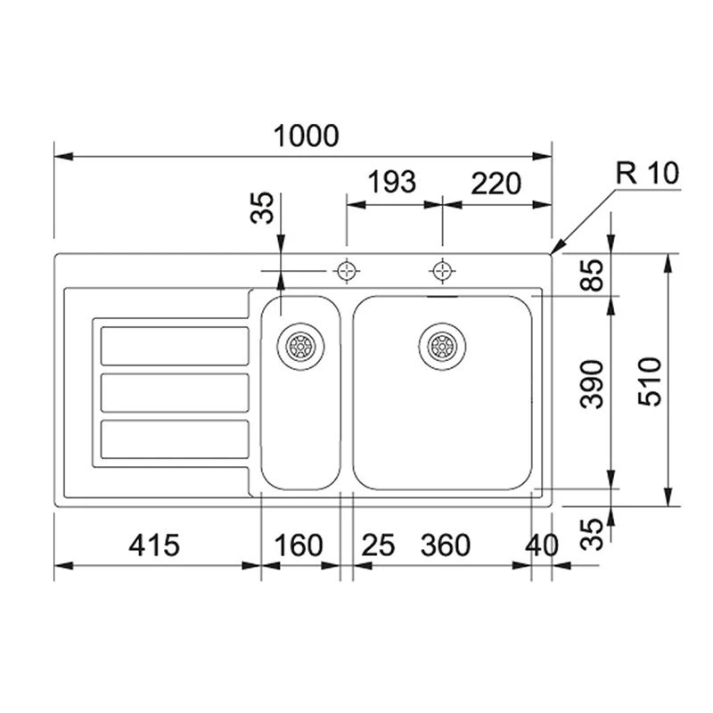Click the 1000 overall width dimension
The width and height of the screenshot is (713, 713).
point(306,135)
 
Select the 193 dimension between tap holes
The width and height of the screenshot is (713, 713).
point(391,182)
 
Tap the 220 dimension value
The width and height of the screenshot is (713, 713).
point(496,184)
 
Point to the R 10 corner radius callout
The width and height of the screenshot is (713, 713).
point(648,173)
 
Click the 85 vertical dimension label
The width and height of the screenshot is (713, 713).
point(592,275)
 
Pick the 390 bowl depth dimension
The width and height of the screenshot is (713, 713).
point(592,384)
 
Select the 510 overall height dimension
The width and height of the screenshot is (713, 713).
point(650,382)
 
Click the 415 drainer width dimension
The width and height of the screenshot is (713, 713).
point(154,545)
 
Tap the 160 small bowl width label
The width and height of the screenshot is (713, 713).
point(299,545)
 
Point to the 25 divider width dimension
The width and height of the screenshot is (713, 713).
point(378,545)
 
